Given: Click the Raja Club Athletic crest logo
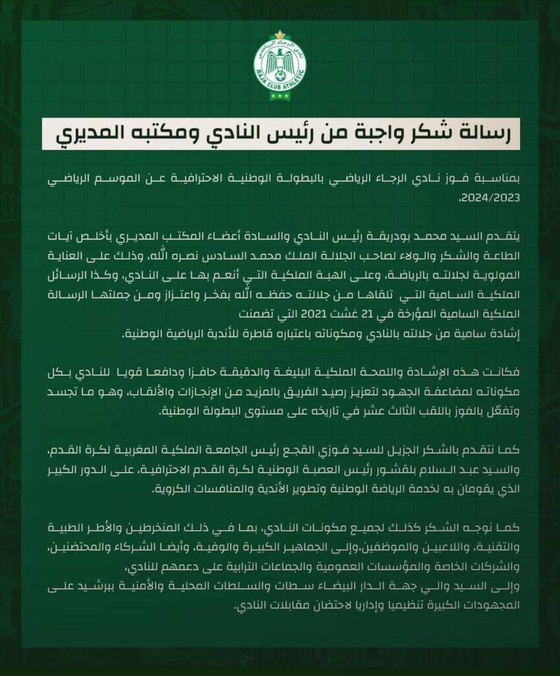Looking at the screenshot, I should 280,68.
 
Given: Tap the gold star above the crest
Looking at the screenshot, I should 280,35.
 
